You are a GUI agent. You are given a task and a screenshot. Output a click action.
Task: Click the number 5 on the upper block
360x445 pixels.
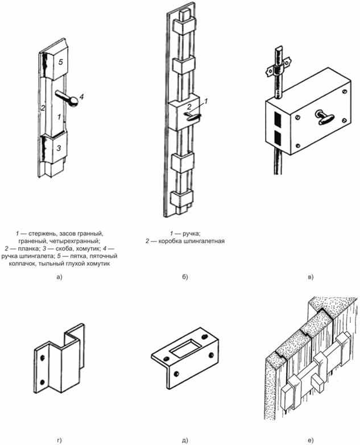click(61, 62)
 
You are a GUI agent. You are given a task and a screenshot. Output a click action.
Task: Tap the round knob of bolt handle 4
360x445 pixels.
click(73, 102)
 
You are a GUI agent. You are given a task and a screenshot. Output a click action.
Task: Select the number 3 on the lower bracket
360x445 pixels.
click(59, 148)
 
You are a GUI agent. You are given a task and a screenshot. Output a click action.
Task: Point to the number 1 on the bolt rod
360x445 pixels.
click(59, 117)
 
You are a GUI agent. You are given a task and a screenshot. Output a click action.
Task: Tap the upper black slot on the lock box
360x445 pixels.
click(278, 119)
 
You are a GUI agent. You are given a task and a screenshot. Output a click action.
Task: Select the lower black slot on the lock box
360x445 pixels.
click(278, 138)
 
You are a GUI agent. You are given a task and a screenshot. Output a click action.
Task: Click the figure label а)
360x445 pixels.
click(59, 277)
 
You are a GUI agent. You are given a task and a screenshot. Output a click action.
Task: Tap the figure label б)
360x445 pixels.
click(185, 277)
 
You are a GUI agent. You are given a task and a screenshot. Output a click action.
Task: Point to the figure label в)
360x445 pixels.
click(311, 277)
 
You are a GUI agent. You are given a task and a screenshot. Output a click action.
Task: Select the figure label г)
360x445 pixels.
click(59, 440)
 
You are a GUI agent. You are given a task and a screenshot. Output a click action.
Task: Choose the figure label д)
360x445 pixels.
click(185, 440)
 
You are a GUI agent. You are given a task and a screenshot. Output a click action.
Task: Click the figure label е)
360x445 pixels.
click(311, 440)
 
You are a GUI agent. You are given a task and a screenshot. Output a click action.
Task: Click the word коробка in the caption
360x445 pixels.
click(169, 241)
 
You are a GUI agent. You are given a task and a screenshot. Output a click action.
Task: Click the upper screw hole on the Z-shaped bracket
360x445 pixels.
click(42, 358)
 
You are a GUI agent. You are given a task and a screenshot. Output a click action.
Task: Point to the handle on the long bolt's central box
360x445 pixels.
click(193, 117)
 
